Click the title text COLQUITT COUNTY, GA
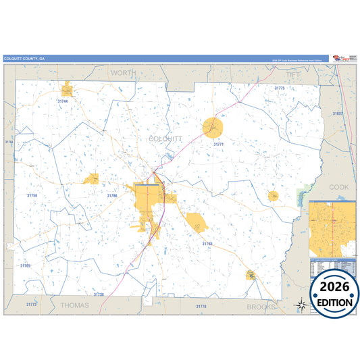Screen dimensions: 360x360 [x=24, y=59]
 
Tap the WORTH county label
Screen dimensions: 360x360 [x=123, y=72]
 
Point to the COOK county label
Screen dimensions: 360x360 [x=338, y=186]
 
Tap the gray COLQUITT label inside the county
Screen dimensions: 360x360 [x=165, y=138]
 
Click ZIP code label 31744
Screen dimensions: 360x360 [x=63, y=101]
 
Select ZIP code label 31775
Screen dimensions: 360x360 [x=279, y=88]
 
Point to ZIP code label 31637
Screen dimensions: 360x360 [x=338, y=113]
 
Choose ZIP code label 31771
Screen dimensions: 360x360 [x=218, y=144]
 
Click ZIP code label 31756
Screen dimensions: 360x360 [x=32, y=195]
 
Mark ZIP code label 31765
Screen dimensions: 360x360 [x=25, y=265]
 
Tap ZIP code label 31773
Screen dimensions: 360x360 [x=31, y=305]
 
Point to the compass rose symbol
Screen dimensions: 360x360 [x=301, y=305]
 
